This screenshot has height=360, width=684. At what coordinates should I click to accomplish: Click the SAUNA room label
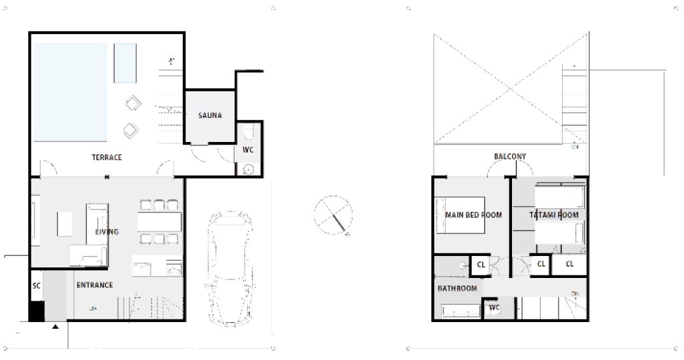tap(210, 115)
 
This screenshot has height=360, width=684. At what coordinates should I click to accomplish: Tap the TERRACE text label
tap(107, 158)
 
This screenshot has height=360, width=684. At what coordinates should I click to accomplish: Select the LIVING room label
tap(107, 232)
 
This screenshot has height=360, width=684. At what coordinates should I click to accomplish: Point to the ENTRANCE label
tap(95, 285)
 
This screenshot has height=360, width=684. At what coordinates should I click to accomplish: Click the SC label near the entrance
tap(37, 285)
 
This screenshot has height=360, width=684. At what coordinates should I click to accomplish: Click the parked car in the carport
tap(229, 268)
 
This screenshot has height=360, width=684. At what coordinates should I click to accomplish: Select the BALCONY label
tap(510, 157)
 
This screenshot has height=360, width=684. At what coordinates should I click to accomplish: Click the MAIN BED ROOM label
tap(473, 215)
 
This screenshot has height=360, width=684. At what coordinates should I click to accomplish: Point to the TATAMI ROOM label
tap(554, 215)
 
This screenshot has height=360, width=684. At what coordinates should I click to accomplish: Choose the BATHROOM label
tap(457, 289)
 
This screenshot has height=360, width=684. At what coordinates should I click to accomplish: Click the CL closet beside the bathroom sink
tap(481, 265)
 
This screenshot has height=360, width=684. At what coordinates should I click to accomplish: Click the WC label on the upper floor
tap(494, 308)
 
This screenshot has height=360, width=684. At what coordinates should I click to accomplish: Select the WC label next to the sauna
tap(248, 150)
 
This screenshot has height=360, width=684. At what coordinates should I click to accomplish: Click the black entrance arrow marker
tap(55, 327)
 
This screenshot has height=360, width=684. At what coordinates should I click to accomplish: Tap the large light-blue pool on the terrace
tap(71, 92)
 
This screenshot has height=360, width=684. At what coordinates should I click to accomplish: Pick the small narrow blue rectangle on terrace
tap(125, 63)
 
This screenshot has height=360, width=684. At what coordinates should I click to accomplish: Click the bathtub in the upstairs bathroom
tap(461, 311)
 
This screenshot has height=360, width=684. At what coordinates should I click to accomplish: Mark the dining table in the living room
tap(159, 221)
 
